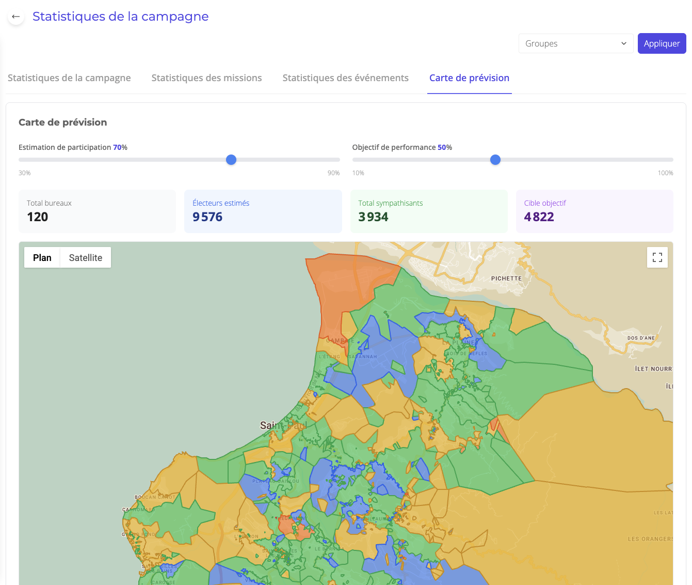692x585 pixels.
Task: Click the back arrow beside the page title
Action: coord(16,17)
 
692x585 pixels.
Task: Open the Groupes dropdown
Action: coord(575,43)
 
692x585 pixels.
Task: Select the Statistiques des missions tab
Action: coord(206,78)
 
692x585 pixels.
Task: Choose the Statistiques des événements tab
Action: coord(345,78)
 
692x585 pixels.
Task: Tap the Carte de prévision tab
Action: coord(469,78)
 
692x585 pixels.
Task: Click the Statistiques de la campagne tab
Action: coord(69,78)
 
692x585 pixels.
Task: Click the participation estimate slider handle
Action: coord(231,160)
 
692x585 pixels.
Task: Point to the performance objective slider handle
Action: coord(495,160)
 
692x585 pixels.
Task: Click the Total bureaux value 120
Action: coord(38,217)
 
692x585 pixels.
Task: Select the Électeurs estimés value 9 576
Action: coord(207,217)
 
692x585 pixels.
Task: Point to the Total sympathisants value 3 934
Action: coord(373,217)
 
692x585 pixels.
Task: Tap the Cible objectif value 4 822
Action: coord(539,217)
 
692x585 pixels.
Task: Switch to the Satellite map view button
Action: coord(86,258)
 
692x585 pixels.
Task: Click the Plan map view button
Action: coord(42,258)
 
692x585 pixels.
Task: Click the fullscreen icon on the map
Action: coord(657,257)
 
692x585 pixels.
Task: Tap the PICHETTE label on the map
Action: coord(506,279)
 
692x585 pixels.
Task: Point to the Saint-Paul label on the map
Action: coord(283,425)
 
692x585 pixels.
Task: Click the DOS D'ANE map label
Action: coord(641,338)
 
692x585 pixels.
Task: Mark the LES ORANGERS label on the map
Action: coord(650,539)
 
